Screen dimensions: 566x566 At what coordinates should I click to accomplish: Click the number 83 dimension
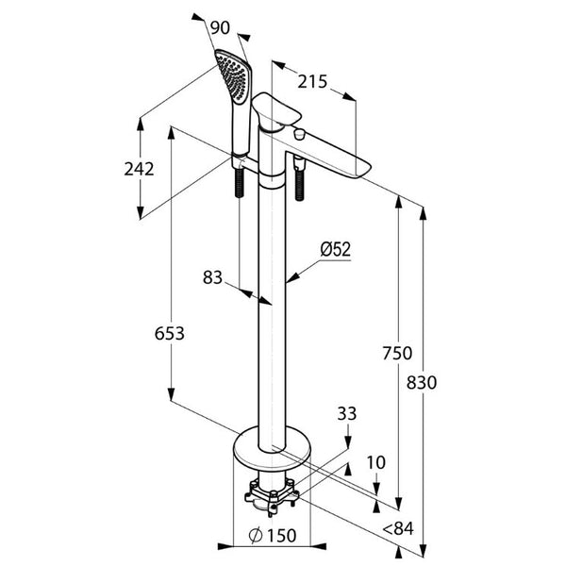pos(215,276)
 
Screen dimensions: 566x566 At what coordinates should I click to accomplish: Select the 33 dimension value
pos(347,411)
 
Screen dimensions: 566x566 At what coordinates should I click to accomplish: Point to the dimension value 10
pos(376,462)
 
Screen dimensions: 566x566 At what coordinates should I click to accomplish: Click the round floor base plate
pos(274,445)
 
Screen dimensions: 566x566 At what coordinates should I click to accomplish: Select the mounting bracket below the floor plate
pos(273,492)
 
